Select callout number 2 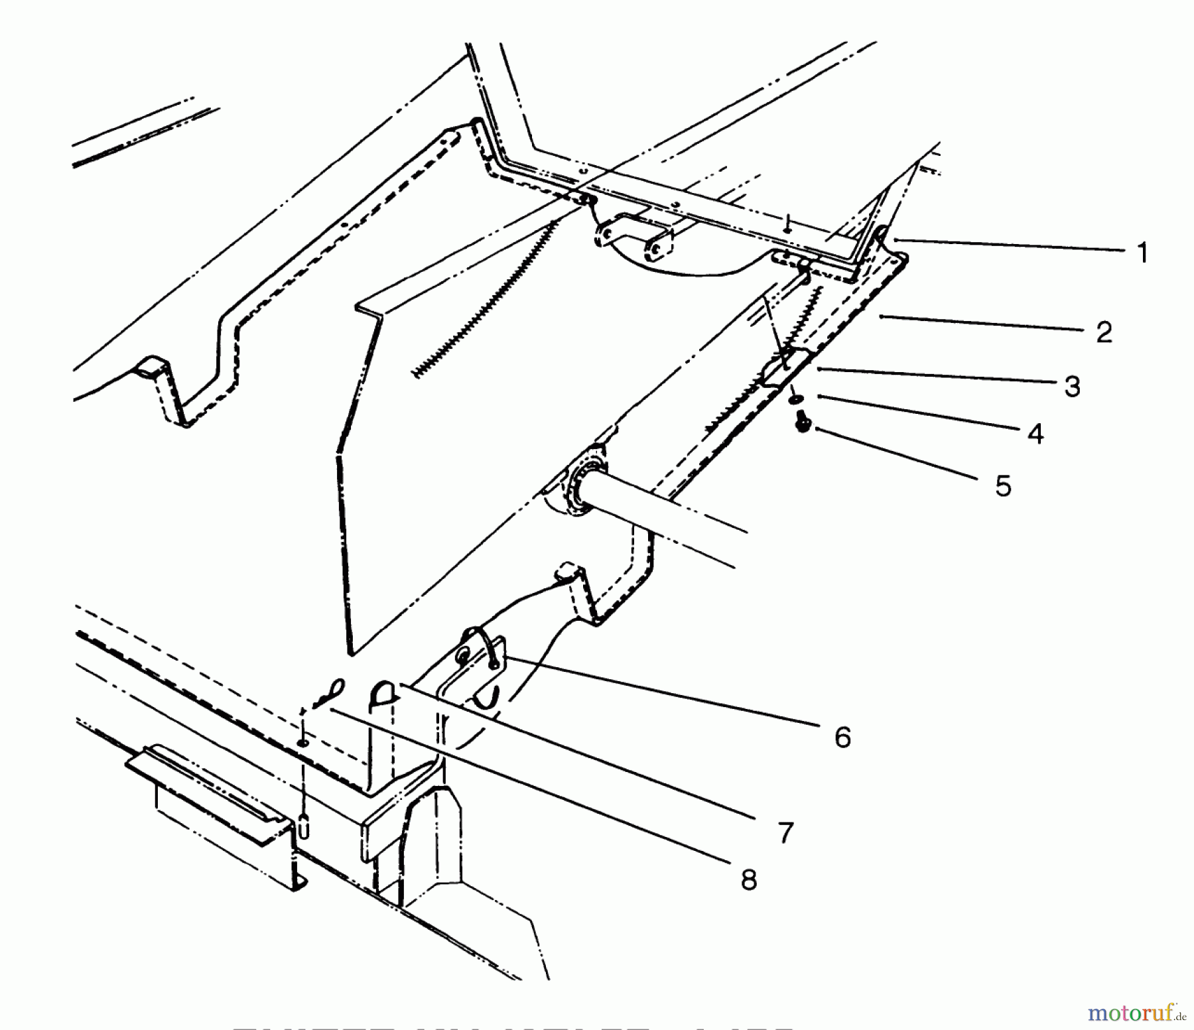coord(1104,332)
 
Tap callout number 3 coord(1073,387)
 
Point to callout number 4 coord(1035,434)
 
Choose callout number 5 coord(1003,486)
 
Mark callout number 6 coord(842,737)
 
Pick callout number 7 coord(785,832)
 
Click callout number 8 coord(748,880)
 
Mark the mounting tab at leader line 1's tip coord(884,236)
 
